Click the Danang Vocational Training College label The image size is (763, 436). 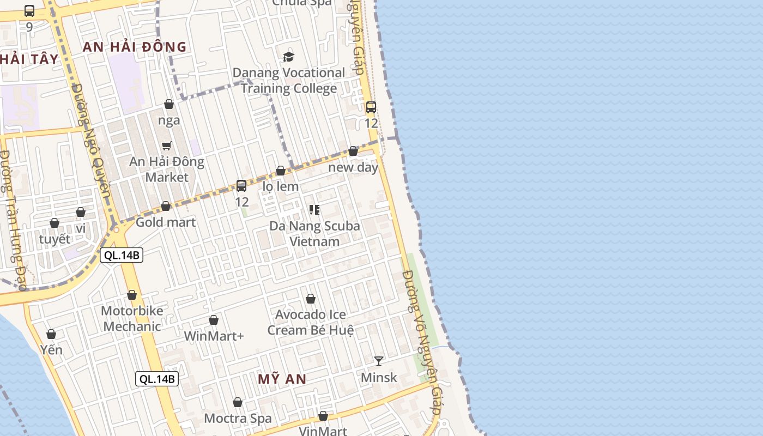click(x=288, y=81)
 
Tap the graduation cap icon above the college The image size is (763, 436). click(x=288, y=57)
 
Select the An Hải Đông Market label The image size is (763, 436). click(x=167, y=169)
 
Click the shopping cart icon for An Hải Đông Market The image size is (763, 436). click(x=167, y=146)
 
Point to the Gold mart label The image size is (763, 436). click(x=165, y=222)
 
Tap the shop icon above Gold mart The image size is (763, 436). click(x=166, y=206)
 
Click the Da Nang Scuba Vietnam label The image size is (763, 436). click(x=314, y=233)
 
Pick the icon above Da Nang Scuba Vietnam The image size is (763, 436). click(x=314, y=209)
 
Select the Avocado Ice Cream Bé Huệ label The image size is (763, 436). click(x=310, y=322)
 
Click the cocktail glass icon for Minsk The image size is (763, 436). click(x=379, y=361)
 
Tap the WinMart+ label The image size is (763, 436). click(x=214, y=336)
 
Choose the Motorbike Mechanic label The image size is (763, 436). click(x=132, y=319)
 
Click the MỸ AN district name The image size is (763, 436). click(x=282, y=379)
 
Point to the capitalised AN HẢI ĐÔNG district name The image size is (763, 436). click(x=134, y=47)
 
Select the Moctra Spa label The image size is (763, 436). click(x=238, y=419)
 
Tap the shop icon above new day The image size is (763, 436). click(x=353, y=151)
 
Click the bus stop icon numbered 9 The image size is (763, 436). click(x=29, y=10)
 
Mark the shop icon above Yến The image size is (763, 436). click(x=51, y=334)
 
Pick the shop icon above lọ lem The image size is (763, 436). click(x=281, y=171)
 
